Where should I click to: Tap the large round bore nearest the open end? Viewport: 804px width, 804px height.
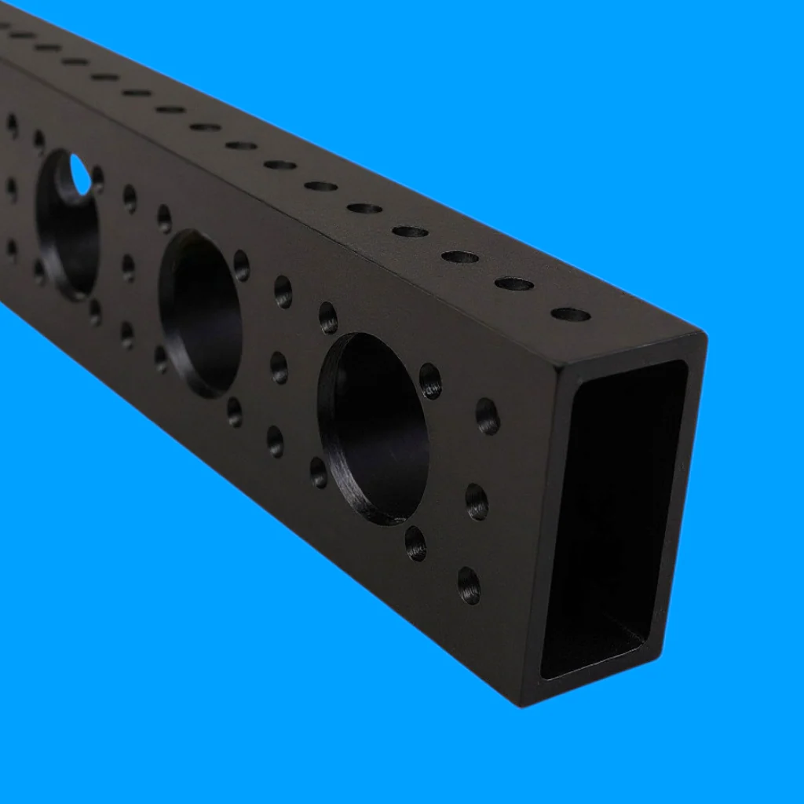(x=374, y=428)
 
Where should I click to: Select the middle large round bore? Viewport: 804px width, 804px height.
(x=201, y=313)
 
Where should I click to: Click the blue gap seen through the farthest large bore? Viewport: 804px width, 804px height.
(x=80, y=174)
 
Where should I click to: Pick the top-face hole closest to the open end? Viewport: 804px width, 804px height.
(x=571, y=314)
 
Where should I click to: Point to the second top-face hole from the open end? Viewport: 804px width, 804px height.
(x=514, y=283)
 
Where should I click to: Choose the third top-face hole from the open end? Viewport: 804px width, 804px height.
(x=460, y=257)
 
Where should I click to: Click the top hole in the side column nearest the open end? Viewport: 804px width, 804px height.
(x=488, y=416)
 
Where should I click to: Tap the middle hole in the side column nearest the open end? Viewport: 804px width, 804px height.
(x=477, y=501)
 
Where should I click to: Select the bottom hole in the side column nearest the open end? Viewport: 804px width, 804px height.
(x=469, y=585)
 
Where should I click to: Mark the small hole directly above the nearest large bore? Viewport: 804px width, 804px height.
(x=328, y=317)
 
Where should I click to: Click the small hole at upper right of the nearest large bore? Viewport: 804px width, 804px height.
(x=430, y=381)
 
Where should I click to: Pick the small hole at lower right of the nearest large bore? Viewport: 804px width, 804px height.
(x=415, y=543)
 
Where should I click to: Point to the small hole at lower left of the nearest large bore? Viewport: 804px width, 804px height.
(x=318, y=472)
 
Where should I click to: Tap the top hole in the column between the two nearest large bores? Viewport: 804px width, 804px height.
(x=283, y=291)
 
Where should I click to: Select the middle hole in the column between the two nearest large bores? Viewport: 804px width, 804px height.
(x=279, y=367)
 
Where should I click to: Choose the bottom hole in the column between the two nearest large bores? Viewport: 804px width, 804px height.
(x=275, y=441)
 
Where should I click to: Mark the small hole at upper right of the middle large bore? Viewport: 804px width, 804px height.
(x=241, y=266)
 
